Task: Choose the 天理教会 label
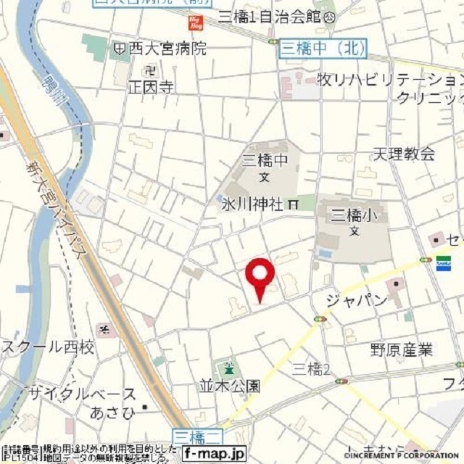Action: [404, 154]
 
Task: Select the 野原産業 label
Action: [401, 350]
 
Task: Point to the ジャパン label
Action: [356, 300]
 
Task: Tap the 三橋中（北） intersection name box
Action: [323, 48]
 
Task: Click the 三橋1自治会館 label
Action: [273, 16]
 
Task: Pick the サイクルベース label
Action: [82, 394]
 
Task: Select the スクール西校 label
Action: [48, 347]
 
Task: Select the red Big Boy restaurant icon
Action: [195, 22]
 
